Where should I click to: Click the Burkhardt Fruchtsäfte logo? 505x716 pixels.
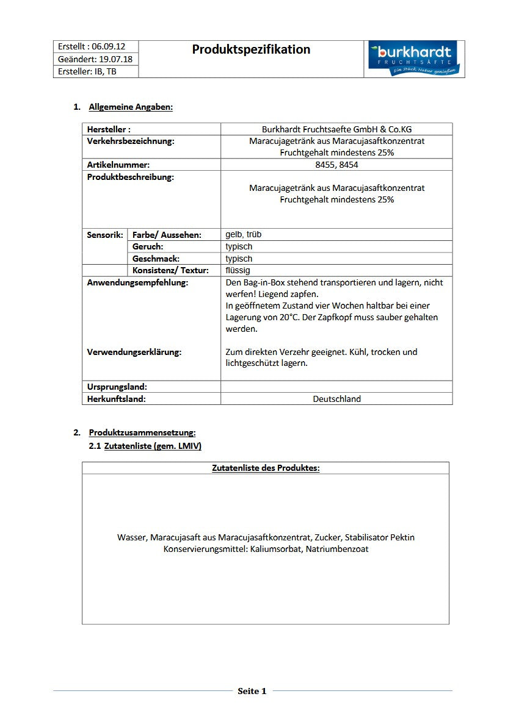pos(413,59)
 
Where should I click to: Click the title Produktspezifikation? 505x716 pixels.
pos(251,49)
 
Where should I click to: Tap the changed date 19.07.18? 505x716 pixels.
pos(116,59)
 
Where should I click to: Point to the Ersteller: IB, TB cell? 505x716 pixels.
pos(87,71)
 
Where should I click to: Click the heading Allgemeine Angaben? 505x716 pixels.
pos(131,107)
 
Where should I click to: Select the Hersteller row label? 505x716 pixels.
pos(109,129)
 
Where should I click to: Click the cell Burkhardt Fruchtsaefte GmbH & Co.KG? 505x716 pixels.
pos(336,129)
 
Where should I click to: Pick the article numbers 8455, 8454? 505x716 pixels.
pos(336,165)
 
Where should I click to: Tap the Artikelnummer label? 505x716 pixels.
pos(118,165)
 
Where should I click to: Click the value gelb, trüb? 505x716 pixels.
pos(244,234)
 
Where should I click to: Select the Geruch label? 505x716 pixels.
pos(148,246)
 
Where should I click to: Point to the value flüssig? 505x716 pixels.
pos(238,270)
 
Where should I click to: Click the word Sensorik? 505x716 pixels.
pos(105,235)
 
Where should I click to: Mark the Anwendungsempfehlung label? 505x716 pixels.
pos(137,282)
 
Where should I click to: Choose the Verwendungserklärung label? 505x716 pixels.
pos(134,352)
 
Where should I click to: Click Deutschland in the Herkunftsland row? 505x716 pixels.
pos(336,399)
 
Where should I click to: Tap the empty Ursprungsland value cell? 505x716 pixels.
pos(336,387)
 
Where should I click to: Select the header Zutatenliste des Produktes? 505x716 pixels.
pos(266,468)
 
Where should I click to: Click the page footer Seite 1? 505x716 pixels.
pos(252,691)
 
